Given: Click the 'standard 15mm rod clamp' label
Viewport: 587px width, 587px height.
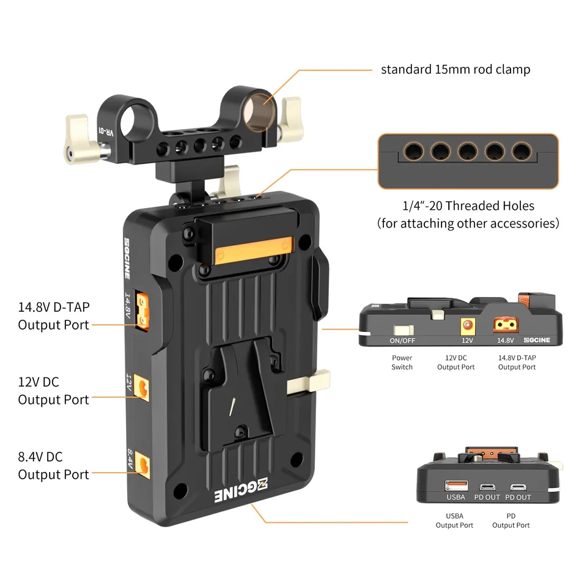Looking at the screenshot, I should coord(456,69).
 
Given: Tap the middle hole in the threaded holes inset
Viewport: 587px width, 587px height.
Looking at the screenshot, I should coord(468,150).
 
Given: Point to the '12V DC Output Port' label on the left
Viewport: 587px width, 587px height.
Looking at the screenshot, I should coord(54,391).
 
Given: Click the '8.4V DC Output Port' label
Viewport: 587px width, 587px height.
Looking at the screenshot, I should coord(54,465).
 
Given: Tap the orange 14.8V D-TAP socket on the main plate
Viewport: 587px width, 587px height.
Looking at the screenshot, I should coord(144,309).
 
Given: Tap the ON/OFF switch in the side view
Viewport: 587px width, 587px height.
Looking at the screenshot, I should coord(402,331).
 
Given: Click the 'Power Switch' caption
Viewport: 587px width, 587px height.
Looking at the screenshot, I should coord(402,363).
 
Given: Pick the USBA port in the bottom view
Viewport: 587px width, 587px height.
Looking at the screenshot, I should coord(456,485).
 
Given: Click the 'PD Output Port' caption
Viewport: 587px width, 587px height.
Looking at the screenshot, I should coord(511,521).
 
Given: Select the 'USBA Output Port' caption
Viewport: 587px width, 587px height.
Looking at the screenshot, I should coord(454,521).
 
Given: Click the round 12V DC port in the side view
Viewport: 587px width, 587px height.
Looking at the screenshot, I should coord(468,325).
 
